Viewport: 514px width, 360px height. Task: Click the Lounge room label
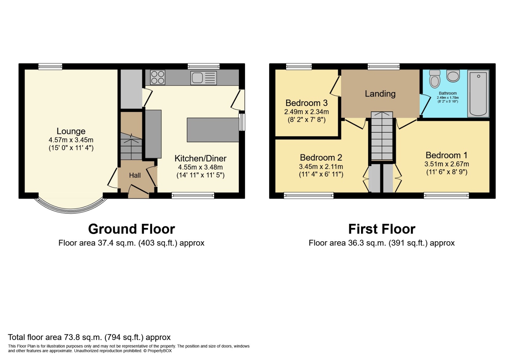pyautogui.click(x=71, y=131)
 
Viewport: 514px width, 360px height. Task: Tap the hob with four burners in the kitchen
pyautogui.click(x=158, y=77)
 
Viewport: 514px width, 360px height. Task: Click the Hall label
pyautogui.click(x=135, y=175)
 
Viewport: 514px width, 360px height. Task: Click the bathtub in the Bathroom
pyautogui.click(x=478, y=94)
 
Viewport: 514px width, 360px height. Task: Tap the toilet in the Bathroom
pyautogui.click(x=435, y=78)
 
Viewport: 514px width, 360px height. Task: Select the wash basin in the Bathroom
pyautogui.click(x=453, y=76)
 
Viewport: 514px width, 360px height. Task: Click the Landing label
pyautogui.click(x=380, y=94)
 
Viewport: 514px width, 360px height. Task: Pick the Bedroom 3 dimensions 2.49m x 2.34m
pyautogui.click(x=306, y=112)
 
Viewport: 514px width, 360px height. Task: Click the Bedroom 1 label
pyautogui.click(x=446, y=155)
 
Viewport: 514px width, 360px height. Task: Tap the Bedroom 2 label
pyautogui.click(x=321, y=157)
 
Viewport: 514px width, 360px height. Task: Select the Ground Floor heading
pyautogui.click(x=131, y=229)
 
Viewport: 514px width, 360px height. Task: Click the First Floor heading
pyautogui.click(x=382, y=229)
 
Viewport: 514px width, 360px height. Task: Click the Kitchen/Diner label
pyautogui.click(x=200, y=158)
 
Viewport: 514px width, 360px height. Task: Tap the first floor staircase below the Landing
pyautogui.click(x=382, y=137)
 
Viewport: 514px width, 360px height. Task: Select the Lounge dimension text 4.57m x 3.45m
pyautogui.click(x=71, y=140)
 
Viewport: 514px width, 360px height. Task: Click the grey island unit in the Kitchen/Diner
pyautogui.click(x=213, y=130)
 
